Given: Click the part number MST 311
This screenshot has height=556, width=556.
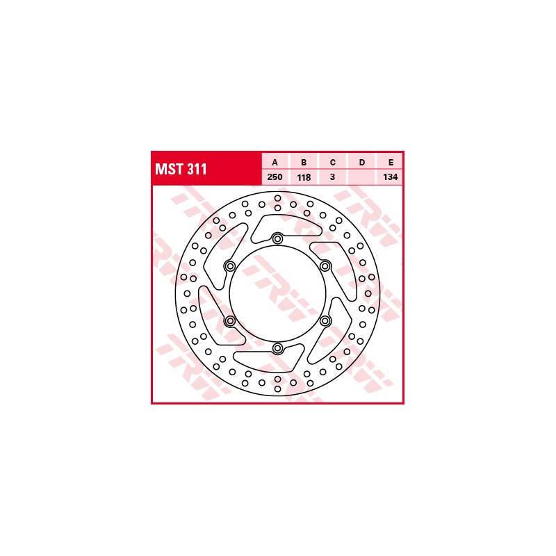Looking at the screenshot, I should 181,170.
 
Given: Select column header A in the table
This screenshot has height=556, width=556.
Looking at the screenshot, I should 275,162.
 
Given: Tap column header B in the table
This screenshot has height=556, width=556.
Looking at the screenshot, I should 304,162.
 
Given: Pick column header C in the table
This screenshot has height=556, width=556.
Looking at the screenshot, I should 333,162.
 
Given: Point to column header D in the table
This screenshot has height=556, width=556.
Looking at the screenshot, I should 362,162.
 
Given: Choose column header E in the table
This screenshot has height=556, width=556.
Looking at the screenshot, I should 391,162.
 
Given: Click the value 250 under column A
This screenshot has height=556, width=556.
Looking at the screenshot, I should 275,177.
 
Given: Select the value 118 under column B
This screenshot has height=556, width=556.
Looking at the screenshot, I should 304,177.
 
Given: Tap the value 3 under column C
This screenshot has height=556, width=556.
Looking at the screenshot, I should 333,177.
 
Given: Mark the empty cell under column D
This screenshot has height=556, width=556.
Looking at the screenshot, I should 362,177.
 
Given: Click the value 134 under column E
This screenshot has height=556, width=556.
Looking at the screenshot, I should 391,177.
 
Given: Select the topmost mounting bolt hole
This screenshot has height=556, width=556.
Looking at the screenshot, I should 277,239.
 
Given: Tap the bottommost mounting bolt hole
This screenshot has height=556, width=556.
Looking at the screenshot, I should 277,348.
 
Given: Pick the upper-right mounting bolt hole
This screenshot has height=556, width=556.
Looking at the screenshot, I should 325,265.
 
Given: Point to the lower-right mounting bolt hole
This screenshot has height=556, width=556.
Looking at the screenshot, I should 325,320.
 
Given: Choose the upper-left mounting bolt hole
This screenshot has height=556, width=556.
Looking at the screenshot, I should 230,265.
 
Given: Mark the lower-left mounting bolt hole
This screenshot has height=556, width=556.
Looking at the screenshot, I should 230,320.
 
